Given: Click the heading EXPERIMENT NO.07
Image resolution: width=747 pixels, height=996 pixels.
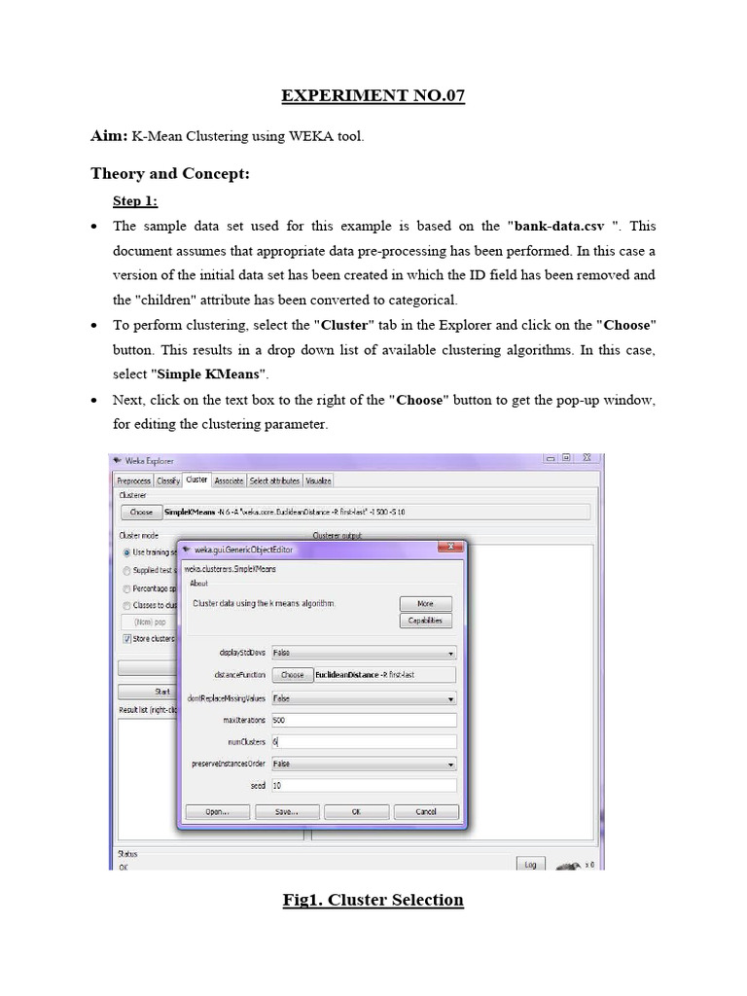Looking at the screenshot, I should pyautogui.click(x=373, y=95).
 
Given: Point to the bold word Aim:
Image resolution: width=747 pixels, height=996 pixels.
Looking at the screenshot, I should pyautogui.click(x=110, y=137).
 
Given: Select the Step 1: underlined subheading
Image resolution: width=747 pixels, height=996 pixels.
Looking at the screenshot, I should pyautogui.click(x=135, y=201).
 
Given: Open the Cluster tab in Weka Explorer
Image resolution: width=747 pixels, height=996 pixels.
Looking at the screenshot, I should pyautogui.click(x=196, y=480).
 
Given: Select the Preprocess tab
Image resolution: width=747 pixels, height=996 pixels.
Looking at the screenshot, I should pyautogui.click(x=133, y=480).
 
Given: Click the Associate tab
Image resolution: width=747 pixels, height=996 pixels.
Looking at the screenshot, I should pyautogui.click(x=229, y=480).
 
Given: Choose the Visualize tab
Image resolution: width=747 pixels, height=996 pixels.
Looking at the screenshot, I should pyautogui.click(x=318, y=480).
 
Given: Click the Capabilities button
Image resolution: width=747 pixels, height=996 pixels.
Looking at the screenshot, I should pyautogui.click(x=425, y=621).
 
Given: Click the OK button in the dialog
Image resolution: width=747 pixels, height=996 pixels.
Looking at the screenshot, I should pyautogui.click(x=356, y=811).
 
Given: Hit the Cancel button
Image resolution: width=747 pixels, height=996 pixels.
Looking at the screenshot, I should pyautogui.click(x=426, y=811).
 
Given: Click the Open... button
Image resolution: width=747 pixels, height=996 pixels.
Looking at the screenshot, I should pyautogui.click(x=216, y=811).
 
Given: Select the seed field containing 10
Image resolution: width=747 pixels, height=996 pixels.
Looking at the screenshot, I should pyautogui.click(x=363, y=785).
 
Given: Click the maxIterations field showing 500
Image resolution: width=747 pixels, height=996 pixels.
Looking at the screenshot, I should pyautogui.click(x=363, y=721).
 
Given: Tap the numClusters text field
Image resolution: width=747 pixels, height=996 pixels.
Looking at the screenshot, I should pyautogui.click(x=363, y=741).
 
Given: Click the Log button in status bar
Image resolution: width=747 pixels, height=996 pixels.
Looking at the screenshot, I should pyautogui.click(x=529, y=864).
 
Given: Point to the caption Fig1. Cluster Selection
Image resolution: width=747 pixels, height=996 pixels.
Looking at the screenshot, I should pyautogui.click(x=373, y=900).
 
